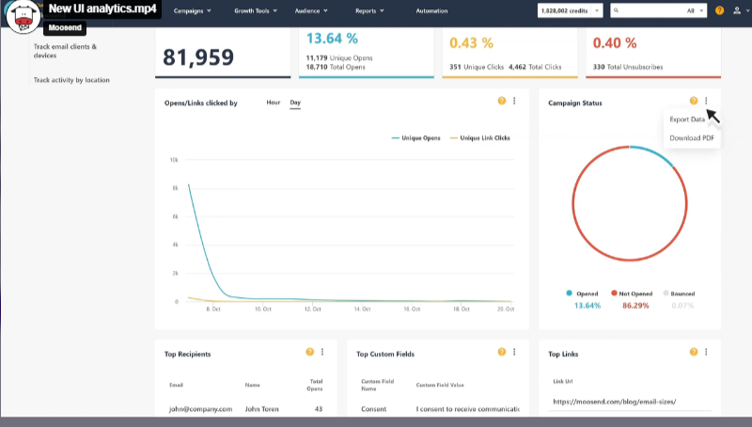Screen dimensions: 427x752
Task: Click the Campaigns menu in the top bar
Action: coord(192,10)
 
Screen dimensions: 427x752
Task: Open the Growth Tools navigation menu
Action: coord(256,10)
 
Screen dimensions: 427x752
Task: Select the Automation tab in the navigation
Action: coord(431,10)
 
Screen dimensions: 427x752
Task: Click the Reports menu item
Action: coord(368,10)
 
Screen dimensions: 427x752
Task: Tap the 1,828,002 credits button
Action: coord(570,10)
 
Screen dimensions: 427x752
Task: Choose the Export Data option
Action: coord(686,119)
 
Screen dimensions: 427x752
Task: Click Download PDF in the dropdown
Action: coord(691,138)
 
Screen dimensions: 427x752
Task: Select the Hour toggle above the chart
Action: coord(273,102)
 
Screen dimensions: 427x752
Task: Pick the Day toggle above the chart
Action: coord(295,102)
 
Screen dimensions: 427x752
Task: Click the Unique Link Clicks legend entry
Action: coord(484,138)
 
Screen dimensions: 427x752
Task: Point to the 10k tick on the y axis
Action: coord(174,160)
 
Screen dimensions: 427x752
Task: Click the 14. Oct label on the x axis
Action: coord(361,308)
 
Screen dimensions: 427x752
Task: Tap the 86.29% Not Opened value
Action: coord(634,306)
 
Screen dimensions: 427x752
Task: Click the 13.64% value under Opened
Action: coord(587,306)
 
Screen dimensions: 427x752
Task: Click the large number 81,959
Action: coord(198,56)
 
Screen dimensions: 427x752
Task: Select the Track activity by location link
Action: coord(71,80)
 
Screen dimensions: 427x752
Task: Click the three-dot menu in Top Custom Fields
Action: coord(514,352)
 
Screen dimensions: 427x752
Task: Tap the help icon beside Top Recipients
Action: coord(309,352)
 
